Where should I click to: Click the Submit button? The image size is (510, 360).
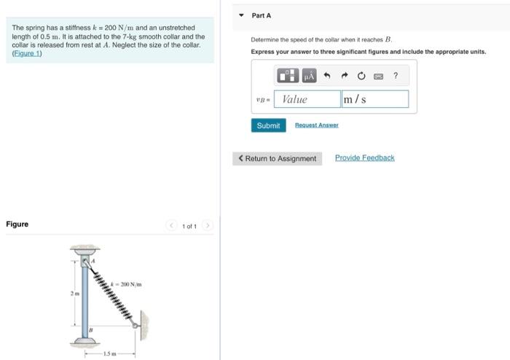tap(268, 125)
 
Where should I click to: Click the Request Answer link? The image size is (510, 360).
tap(316, 125)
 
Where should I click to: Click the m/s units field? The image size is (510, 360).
tap(374, 99)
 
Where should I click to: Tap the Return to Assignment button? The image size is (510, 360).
tap(277, 158)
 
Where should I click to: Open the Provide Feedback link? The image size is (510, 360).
tap(364, 157)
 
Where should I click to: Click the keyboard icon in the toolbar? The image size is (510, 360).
tap(377, 76)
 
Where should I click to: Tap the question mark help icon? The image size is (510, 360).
tap(396, 76)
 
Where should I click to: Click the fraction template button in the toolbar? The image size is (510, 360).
tap(288, 76)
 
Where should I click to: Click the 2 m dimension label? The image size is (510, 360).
tap(74, 294)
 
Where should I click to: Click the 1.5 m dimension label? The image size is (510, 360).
tap(108, 354)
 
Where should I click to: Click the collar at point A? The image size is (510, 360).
tap(85, 260)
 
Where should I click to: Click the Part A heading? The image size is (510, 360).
tap(262, 15)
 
